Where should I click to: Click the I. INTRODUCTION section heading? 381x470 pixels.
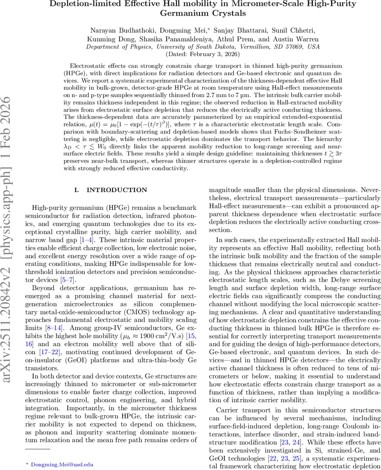111,190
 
